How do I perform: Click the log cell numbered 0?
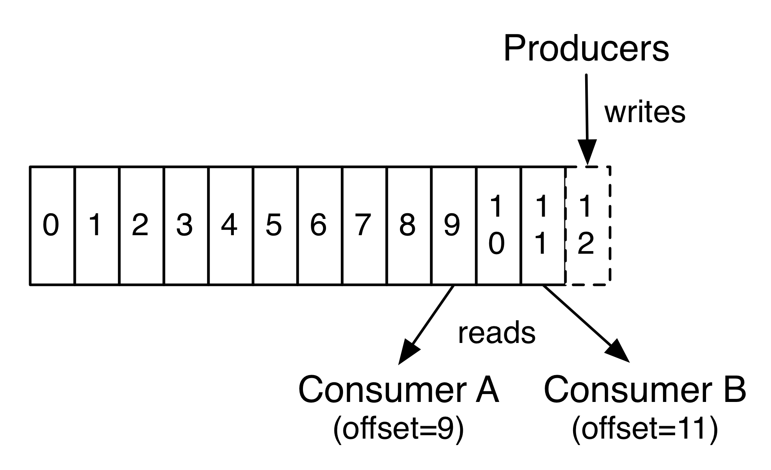click(x=52, y=225)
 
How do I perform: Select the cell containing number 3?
click(x=185, y=225)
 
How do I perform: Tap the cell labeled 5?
click(x=274, y=225)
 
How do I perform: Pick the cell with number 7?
click(x=363, y=225)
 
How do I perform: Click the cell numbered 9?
click(x=453, y=225)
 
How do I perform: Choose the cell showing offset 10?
click(x=498, y=225)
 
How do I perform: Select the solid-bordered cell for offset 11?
click(x=542, y=225)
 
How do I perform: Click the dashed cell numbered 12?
click(x=587, y=225)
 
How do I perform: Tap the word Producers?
click(x=586, y=49)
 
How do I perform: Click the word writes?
click(x=645, y=112)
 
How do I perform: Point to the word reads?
click(x=496, y=333)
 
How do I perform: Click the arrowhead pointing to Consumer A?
click(x=408, y=352)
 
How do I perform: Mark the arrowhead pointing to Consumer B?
click(x=618, y=351)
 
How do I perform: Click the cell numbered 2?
click(x=141, y=225)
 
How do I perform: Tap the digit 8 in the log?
click(x=407, y=225)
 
